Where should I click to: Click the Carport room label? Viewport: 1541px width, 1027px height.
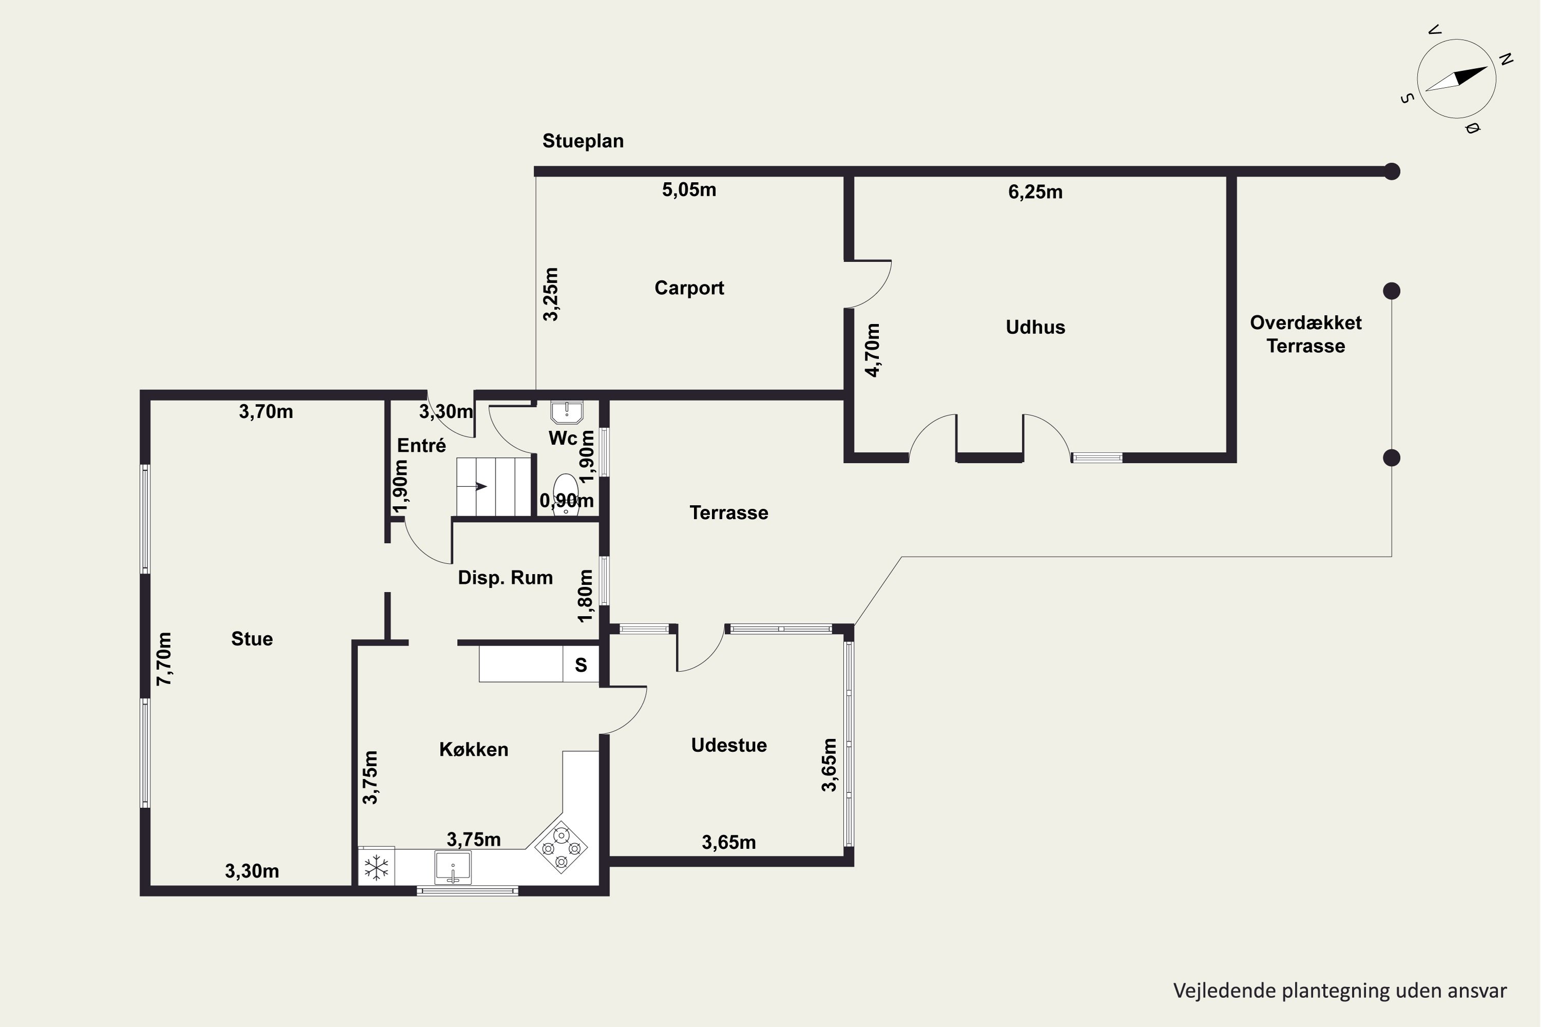pyautogui.click(x=689, y=288)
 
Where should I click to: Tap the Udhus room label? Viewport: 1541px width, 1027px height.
pyautogui.click(x=1035, y=328)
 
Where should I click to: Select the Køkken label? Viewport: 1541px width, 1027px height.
pyautogui.click(x=474, y=749)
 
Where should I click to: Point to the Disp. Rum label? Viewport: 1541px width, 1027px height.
pyautogui.click(x=505, y=578)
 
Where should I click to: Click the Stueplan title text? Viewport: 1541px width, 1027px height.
pyautogui.click(x=583, y=141)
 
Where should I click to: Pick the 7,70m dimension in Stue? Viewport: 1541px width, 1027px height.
pyautogui.click(x=164, y=659)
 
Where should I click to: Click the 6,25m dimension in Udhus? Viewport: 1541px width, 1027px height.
pyautogui.click(x=1035, y=192)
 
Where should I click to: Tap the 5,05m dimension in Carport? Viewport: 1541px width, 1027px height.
pyautogui.click(x=689, y=190)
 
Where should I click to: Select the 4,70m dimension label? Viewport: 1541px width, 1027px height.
pyautogui.click(x=873, y=350)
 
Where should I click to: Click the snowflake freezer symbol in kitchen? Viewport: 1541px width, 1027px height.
pyautogui.click(x=376, y=868)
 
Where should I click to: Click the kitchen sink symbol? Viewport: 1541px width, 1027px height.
pyautogui.click(x=453, y=867)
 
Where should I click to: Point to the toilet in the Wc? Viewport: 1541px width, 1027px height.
pyautogui.click(x=566, y=495)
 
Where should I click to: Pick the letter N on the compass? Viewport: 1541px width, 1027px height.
pyautogui.click(x=1506, y=59)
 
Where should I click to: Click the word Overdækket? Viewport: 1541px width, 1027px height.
pyautogui.click(x=1306, y=323)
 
